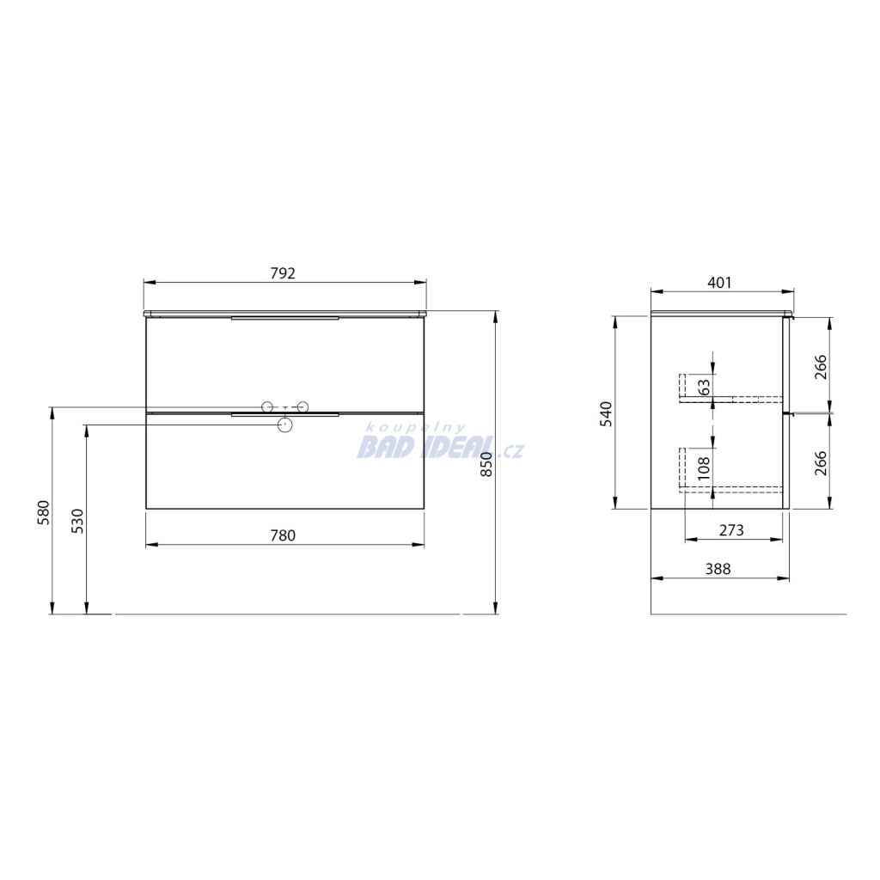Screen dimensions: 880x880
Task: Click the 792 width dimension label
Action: pos(283,273)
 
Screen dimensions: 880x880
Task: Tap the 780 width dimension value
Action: pos(283,536)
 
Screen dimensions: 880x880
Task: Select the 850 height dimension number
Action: pos(486,464)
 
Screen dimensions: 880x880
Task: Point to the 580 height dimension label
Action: pos(44,512)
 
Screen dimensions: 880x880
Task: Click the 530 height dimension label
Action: pos(77,521)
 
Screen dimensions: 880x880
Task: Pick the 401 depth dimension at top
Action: pos(719,283)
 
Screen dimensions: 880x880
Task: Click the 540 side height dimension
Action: pos(607,414)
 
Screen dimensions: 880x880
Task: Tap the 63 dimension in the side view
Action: pos(704,387)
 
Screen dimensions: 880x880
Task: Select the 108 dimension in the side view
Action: pos(704,468)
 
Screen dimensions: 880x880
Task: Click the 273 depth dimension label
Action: pos(731,530)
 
